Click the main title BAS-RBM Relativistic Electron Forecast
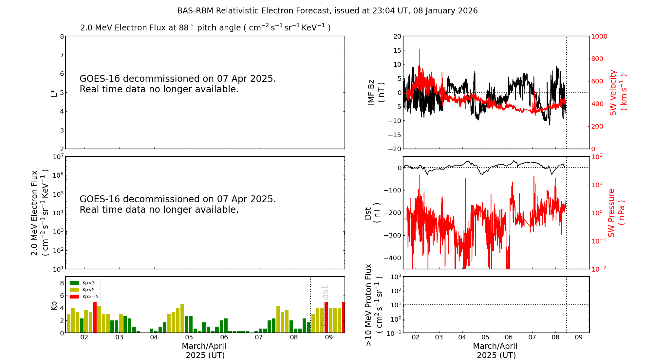(x=327, y=11)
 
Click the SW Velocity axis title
(x=618, y=93)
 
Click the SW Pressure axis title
(x=616, y=213)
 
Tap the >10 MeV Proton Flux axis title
(x=373, y=305)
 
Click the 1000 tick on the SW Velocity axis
(x=599, y=36)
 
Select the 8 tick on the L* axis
(x=62, y=36)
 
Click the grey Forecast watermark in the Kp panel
(x=324, y=306)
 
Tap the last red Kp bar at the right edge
(x=343, y=317)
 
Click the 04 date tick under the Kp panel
(x=154, y=337)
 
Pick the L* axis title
(x=54, y=93)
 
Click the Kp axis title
(x=54, y=305)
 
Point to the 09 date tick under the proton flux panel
(x=579, y=337)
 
